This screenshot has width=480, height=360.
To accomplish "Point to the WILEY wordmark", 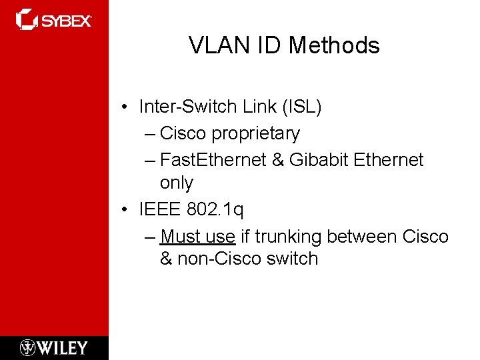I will [x=62, y=347].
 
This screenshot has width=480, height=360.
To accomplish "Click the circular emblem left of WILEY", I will [x=28, y=347].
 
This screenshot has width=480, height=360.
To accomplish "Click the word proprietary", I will [x=255, y=134].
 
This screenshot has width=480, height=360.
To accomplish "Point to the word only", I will [x=176, y=183].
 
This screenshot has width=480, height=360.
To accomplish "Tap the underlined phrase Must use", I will [x=198, y=237].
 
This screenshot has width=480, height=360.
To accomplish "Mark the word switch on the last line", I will [x=292, y=259].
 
